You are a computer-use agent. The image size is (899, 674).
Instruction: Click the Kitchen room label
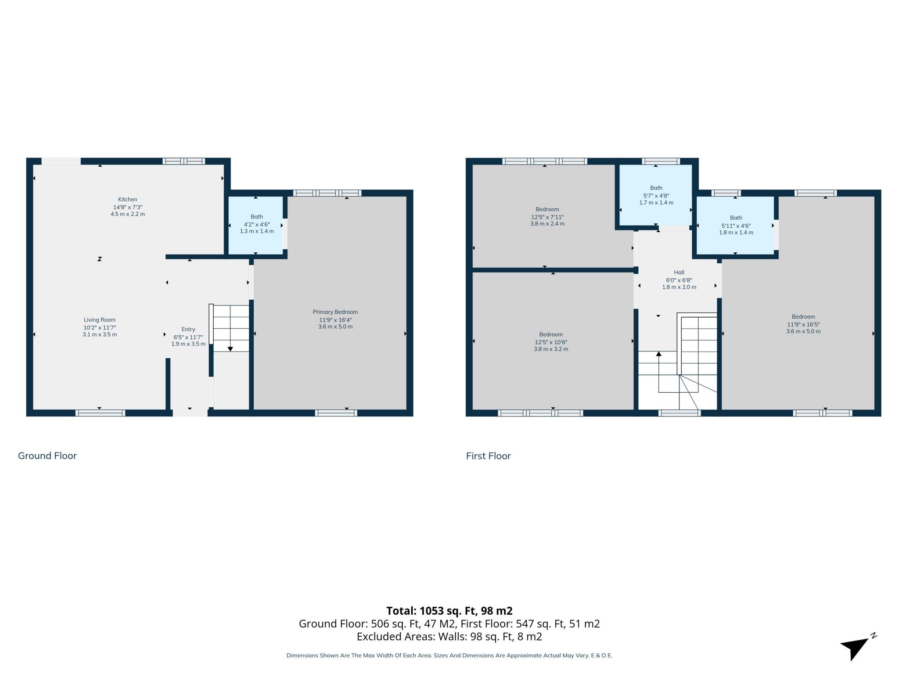pos(127,199)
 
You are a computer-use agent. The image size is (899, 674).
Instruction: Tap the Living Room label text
pos(100,320)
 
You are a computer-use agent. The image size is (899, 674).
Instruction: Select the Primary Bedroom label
pos(335,312)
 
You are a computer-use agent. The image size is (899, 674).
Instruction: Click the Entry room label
pos(188,329)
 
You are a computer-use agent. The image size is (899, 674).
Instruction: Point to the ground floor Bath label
pos(257,217)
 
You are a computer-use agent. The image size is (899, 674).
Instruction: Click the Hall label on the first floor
pos(679,272)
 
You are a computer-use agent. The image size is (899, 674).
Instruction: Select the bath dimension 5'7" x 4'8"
pos(656,196)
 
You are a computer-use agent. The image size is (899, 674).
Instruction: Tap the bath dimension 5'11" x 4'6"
pos(736,226)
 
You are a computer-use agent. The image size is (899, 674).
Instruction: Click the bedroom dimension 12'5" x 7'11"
pos(547,217)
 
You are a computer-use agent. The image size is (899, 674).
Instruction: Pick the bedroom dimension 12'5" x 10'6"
pos(551,342)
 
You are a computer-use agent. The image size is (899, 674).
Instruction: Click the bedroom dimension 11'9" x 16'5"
pos(803,325)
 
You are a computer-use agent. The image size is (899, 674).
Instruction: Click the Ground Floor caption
pos(47,456)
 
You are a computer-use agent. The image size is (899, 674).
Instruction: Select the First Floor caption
pos(488,456)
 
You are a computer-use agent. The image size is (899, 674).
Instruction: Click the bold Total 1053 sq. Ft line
pos(449,611)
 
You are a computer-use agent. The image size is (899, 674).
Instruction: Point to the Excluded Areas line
pos(449,637)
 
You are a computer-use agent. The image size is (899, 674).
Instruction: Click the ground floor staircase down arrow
pos(230,348)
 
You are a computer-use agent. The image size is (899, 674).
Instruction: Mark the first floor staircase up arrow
pos(658,354)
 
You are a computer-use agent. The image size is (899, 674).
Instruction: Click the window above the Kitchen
pos(183,161)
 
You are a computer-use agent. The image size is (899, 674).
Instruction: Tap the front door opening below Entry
pos(190,413)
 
